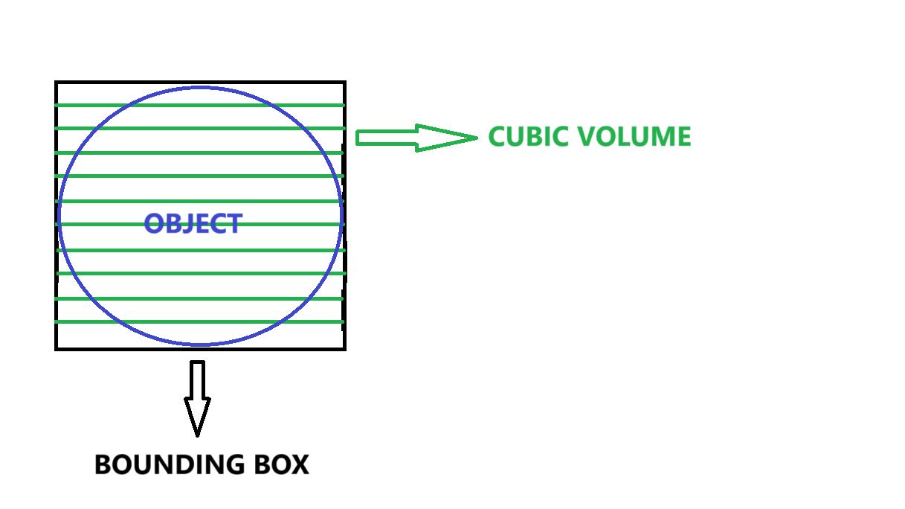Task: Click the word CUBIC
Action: point(529,137)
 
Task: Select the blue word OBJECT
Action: point(193,224)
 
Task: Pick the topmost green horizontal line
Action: point(199,106)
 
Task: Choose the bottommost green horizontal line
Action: point(199,321)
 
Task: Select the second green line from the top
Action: point(199,129)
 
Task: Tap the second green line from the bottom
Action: point(199,298)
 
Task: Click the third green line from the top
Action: point(199,153)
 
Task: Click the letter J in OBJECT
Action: point(196,224)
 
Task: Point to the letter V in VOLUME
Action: point(587,137)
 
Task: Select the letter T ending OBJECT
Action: point(235,224)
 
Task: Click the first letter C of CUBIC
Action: point(497,137)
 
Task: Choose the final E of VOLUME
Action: point(684,137)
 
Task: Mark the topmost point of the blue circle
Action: point(201,88)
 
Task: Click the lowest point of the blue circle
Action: point(201,345)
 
